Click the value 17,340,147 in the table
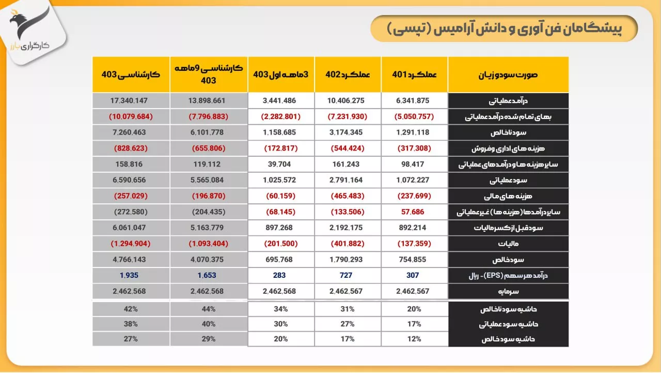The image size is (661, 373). pyautogui.click(x=129, y=101)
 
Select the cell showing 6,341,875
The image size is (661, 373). pyautogui.click(x=413, y=101)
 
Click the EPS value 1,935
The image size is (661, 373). pyautogui.click(x=129, y=275)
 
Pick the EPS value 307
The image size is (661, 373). pyautogui.click(x=413, y=275)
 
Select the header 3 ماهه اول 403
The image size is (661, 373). pyautogui.click(x=281, y=74)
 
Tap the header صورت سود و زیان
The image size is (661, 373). pyautogui.click(x=508, y=74)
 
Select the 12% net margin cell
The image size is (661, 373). pyautogui.click(x=414, y=339)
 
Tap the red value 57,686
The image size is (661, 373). pyautogui.click(x=413, y=212)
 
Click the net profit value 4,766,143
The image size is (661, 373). pyautogui.click(x=129, y=260)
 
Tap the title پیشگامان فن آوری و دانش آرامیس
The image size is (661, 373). pyautogui.click(x=504, y=29)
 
